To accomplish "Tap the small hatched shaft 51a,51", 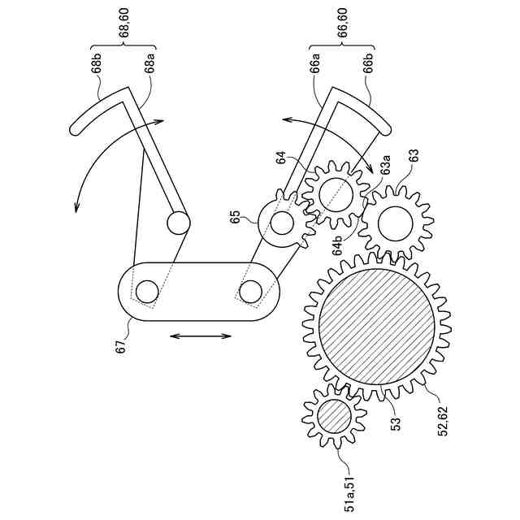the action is pos(333,416).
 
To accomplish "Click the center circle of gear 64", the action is pos(336,193).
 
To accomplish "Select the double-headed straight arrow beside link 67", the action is pos(201,335).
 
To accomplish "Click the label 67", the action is pos(121,347).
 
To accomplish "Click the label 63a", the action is pos(386,168).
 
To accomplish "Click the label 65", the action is pos(236,217).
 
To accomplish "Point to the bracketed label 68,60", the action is pos(124,22).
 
